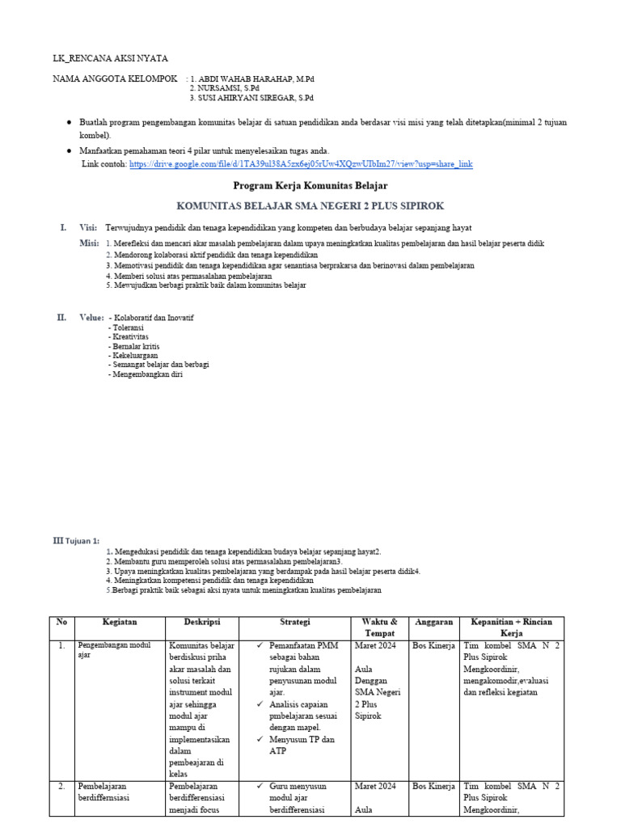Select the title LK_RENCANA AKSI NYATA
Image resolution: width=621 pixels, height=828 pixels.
click(110, 58)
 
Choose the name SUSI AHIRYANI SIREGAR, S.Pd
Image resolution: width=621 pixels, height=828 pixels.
click(251, 97)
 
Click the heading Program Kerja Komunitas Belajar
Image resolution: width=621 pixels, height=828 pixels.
click(310, 186)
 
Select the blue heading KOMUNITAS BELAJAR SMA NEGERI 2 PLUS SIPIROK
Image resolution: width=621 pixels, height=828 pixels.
click(310, 207)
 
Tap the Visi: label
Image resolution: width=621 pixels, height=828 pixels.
click(88, 227)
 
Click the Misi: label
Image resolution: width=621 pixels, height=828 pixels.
click(89, 243)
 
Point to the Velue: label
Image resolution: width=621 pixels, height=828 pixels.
click(91, 318)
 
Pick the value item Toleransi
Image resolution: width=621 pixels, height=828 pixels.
click(126, 327)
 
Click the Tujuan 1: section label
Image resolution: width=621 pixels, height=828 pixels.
click(82, 541)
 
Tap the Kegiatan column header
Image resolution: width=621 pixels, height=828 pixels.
click(120, 622)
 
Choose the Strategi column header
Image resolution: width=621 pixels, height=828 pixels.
click(295, 622)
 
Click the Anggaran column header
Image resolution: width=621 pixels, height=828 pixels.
click(433, 622)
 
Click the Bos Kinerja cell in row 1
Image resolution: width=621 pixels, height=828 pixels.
click(433, 645)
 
